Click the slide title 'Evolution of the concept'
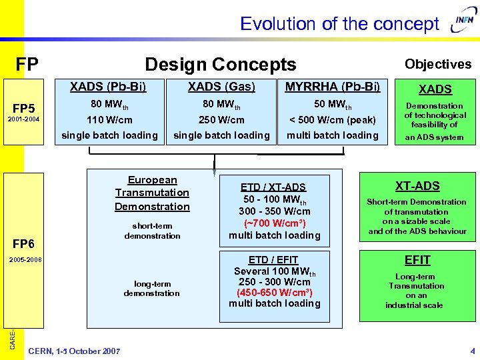click(339, 24)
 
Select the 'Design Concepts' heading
click(220, 65)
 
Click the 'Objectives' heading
click(438, 64)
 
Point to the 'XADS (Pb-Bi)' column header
click(108, 87)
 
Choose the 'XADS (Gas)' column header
click(221, 87)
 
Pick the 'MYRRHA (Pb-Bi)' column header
click(333, 87)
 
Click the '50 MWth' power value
click(333, 105)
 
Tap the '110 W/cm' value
click(109, 120)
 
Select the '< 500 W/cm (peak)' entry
click(333, 120)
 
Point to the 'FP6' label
click(24, 243)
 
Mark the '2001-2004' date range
click(24, 120)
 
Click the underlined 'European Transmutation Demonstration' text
click(152, 193)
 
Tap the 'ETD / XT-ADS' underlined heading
click(274, 187)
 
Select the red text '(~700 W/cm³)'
click(274, 223)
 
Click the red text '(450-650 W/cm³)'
click(274, 292)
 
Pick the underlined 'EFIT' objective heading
click(417, 260)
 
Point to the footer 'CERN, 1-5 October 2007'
click(75, 351)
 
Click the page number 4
click(472, 351)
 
